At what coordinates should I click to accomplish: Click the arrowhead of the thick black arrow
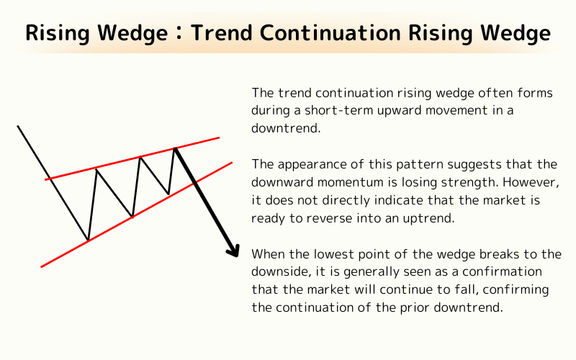(x=233, y=250)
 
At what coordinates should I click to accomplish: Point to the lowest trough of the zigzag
(x=88, y=240)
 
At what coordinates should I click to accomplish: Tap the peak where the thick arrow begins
(x=174, y=148)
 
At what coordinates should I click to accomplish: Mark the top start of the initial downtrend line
(x=18, y=127)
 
